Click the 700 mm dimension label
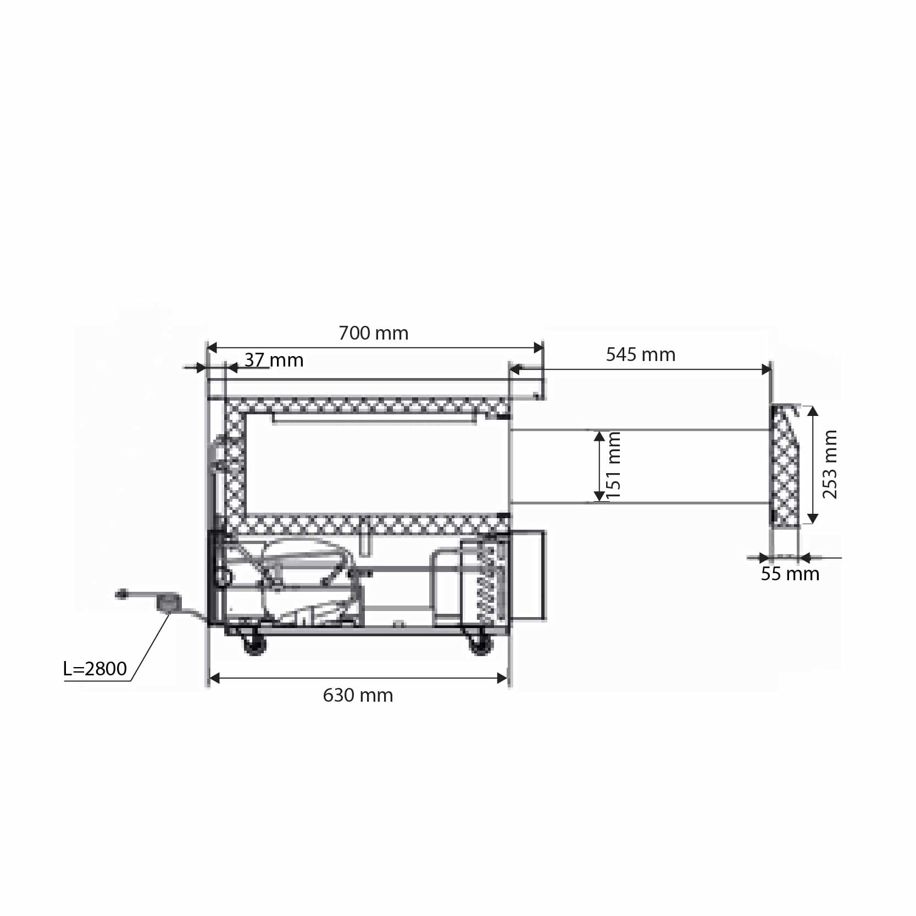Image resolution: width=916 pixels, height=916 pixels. pos(373,333)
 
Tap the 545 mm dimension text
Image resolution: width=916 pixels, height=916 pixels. pos(640,355)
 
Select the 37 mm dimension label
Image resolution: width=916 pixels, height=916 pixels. pos(274,360)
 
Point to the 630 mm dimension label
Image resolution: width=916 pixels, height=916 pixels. pos(358,695)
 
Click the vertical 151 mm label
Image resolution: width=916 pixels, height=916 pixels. pos(614,465)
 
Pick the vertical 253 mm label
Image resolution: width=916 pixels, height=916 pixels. pos(830,464)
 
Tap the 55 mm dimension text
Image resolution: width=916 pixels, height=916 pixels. pos(790,574)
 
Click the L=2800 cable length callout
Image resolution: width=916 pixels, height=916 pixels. pos(95,669)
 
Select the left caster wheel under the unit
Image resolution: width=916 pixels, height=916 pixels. pos(253,643)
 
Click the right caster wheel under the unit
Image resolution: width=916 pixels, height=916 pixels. pos(481,643)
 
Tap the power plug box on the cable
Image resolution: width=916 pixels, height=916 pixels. pos(168,602)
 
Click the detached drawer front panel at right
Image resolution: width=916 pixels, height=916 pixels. pos(785,466)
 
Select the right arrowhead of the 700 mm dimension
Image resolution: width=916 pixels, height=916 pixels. pos(539,348)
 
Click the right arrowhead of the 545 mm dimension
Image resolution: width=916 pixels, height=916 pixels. pos(766,369)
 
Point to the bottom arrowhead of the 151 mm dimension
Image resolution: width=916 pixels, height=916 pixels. pos(599,497)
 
